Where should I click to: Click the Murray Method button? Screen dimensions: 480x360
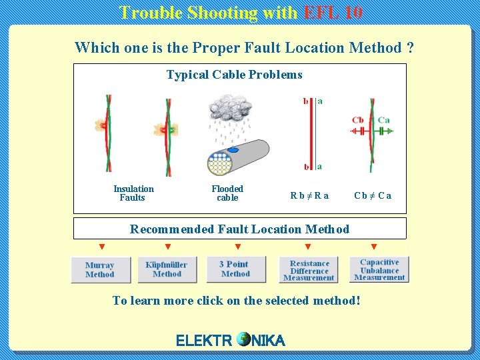(99, 270)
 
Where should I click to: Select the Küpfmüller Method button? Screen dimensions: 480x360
(167, 269)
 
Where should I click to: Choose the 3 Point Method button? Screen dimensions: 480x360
(235, 269)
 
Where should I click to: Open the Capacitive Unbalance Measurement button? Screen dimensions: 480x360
(379, 270)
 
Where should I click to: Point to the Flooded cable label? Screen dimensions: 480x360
(227, 193)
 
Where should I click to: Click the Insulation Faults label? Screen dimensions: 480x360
(133, 193)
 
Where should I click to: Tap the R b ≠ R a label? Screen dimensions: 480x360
(309, 196)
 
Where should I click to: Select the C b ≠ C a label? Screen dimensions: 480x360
(373, 196)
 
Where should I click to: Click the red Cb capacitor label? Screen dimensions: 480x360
(358, 120)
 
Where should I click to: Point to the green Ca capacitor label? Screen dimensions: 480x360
(383, 120)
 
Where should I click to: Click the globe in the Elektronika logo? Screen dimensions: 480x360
(243, 339)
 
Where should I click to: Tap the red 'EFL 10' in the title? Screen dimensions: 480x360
(333, 12)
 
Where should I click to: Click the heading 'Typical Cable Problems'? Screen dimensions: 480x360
(234, 75)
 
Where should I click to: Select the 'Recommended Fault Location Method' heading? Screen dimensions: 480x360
(239, 229)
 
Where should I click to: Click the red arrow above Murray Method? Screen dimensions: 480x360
(102, 247)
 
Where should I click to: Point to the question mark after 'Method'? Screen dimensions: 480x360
(410, 47)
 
